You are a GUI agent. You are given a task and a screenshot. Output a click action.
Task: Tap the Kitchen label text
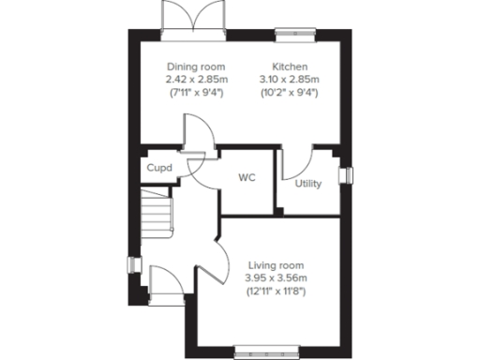(286, 67)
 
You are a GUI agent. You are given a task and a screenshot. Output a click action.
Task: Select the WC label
(247, 176)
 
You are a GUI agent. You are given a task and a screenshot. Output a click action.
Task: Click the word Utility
(307, 184)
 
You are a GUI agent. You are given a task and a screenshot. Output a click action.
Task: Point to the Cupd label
(156, 170)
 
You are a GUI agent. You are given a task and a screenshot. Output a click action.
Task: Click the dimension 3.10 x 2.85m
(287, 80)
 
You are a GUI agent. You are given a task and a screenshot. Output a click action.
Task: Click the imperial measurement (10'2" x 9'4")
(287, 93)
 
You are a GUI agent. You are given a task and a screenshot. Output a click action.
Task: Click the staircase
(157, 213)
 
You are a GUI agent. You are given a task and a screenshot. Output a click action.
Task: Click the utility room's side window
(345, 176)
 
